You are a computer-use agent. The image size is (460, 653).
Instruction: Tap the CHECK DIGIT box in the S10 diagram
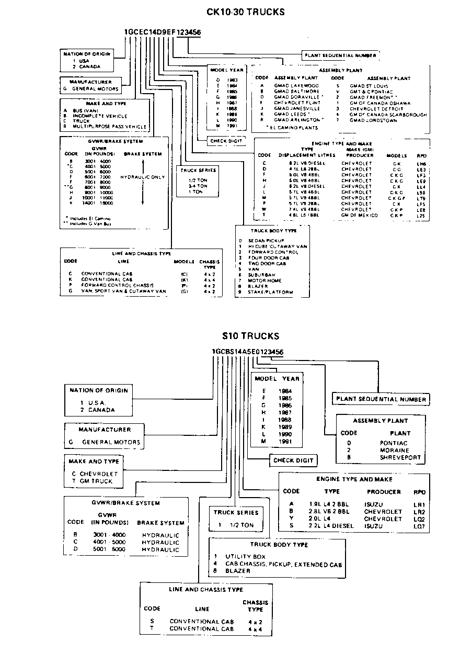coord(294,460)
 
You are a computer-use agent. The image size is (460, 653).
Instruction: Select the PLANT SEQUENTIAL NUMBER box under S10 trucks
coord(381,399)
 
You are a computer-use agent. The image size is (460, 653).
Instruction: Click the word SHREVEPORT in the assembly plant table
coord(400,457)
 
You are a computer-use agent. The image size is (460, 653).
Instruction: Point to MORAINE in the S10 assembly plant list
coord(394,450)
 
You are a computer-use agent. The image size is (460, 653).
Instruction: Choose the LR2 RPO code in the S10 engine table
coord(419,512)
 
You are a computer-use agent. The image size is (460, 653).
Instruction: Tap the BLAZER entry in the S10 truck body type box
coord(238,571)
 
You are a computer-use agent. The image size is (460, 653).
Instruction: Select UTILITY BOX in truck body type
coord(245,556)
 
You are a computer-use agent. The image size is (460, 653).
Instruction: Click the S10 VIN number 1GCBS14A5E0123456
coord(248,352)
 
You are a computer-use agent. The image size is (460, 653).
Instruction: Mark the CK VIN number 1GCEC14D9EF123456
coord(162,32)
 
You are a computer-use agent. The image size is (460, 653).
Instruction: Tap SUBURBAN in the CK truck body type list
coord(261,275)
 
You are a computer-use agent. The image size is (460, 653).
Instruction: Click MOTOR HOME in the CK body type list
coord(265,280)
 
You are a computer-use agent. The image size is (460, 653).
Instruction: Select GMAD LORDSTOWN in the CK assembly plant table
coord(373,120)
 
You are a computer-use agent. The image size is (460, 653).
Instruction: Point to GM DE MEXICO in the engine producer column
coord(359,215)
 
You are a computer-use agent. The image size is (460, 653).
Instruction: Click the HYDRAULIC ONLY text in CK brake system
coord(142,177)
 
